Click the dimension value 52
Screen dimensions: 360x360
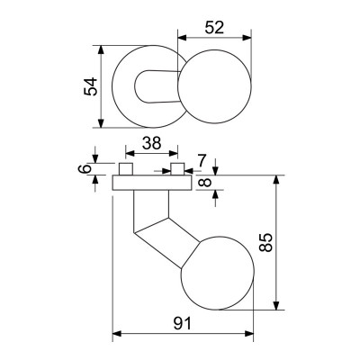pos(213,29)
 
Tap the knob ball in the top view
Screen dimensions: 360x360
pos(215,87)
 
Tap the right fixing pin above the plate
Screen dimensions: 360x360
pos(180,170)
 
